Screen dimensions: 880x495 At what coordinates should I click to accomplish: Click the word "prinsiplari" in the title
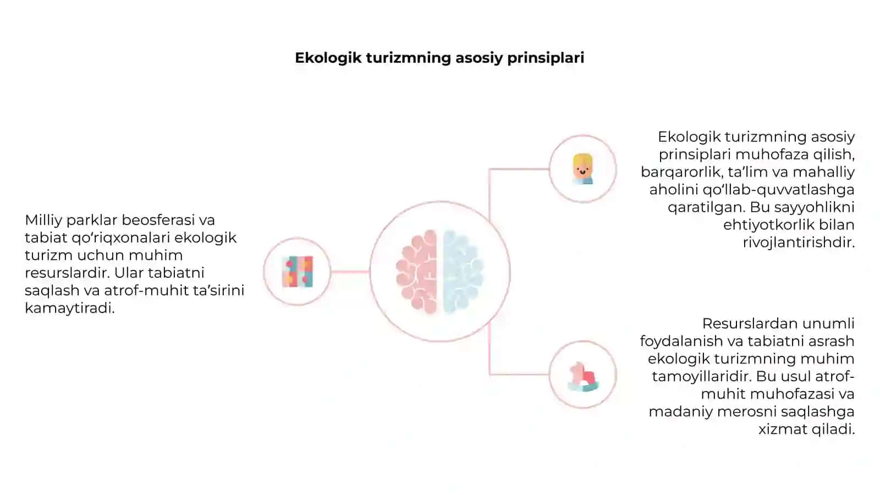[x=546, y=58]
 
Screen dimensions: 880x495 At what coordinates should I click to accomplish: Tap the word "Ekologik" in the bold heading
[x=328, y=58]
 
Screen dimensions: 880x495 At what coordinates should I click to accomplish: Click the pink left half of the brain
[x=417, y=272]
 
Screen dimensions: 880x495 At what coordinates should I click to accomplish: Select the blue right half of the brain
[x=463, y=272]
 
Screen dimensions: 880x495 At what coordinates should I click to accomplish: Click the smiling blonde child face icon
[x=582, y=169]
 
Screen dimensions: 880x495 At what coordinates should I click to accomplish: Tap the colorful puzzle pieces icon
[x=298, y=272]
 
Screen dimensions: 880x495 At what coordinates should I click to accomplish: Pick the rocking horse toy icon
[x=583, y=377]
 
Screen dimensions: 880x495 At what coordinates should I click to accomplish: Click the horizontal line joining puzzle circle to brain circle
[x=350, y=272]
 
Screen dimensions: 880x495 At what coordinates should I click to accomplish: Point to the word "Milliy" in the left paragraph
[x=43, y=221]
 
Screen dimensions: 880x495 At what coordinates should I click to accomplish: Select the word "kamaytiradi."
[x=69, y=309]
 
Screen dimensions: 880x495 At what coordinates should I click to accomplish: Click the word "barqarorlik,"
[x=682, y=173]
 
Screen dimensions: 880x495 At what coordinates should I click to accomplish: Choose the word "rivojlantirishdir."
[x=799, y=243]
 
